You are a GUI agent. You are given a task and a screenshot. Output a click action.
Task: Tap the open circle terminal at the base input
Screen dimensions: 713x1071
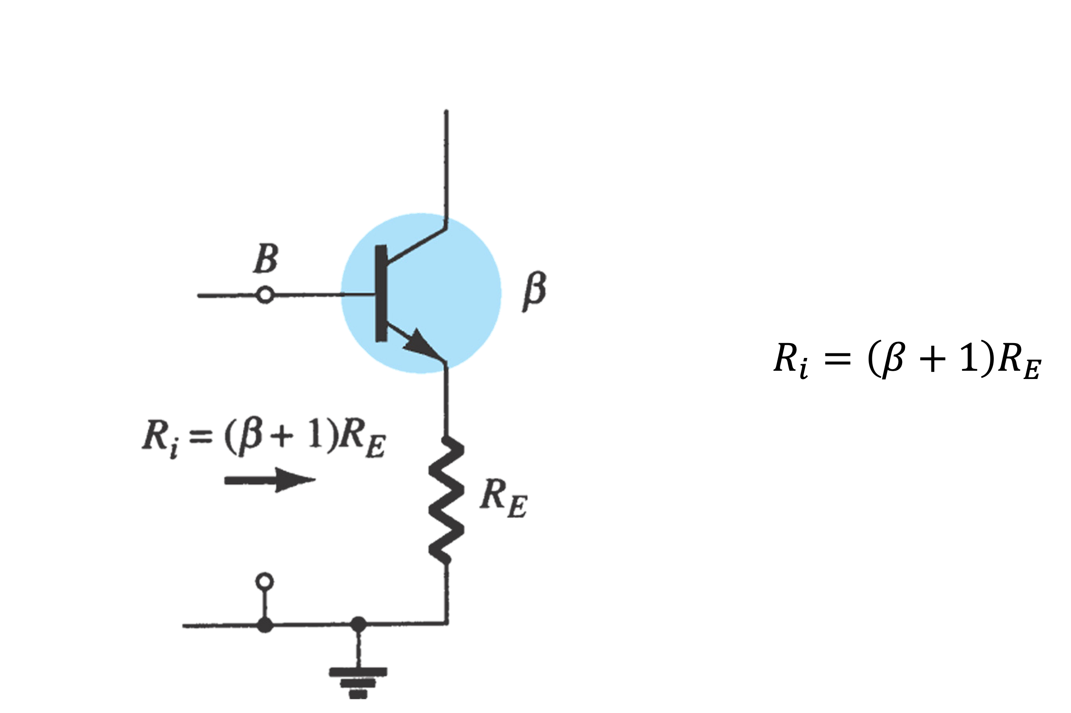265,295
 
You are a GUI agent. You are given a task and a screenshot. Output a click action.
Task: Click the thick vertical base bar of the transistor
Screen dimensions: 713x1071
381,293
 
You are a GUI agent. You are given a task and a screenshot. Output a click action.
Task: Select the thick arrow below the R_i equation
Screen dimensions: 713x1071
270,480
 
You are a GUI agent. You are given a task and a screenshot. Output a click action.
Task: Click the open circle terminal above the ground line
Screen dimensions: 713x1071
265,581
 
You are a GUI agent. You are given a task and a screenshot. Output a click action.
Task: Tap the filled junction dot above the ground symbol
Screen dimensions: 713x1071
359,624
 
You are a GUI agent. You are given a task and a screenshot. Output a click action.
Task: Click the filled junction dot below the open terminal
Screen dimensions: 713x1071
265,625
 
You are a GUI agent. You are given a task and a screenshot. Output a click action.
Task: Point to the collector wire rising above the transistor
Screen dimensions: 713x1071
446,164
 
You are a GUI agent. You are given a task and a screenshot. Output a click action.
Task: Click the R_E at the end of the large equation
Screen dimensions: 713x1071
1019,360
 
